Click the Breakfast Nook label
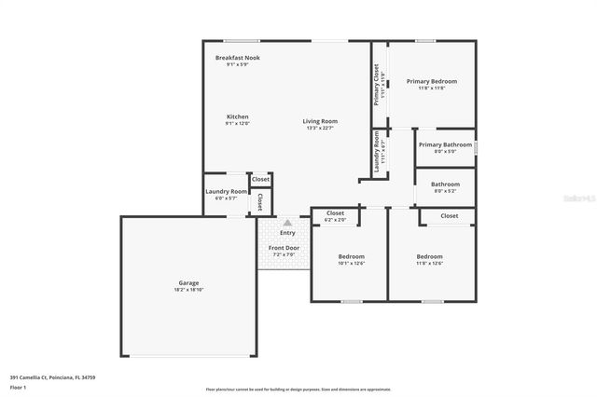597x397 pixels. [237, 58]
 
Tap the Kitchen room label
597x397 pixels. [237, 116]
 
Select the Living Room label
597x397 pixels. [320, 121]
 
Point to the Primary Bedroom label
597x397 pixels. [431, 81]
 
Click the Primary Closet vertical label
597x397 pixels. [377, 84]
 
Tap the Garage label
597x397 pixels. [188, 282]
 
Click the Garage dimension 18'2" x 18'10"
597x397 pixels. [188, 290]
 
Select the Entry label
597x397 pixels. [287, 232]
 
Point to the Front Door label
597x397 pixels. [284, 247]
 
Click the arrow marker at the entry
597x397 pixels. [287, 223]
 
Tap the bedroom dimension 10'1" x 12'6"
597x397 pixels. [351, 264]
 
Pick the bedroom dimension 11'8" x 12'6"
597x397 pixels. [429, 264]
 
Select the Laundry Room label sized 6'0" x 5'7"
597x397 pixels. [226, 191]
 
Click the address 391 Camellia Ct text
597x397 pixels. [52, 377]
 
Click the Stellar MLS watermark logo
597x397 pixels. [578, 198]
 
